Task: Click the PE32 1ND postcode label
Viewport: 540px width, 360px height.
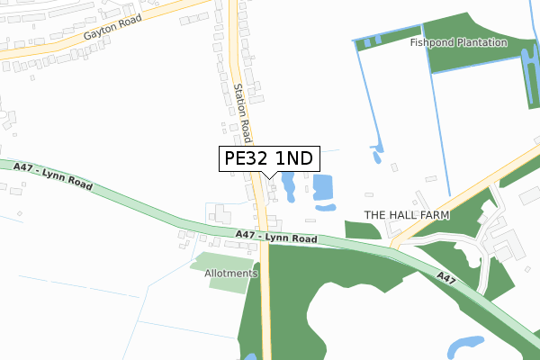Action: coord(268,158)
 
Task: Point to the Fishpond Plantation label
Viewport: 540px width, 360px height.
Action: coord(458,42)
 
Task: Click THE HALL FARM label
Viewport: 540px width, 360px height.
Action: coord(406,215)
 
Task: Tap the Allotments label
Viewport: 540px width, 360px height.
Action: coord(230,273)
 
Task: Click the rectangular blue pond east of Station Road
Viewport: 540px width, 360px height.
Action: coord(323,188)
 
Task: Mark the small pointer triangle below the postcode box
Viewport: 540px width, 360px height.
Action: coord(268,175)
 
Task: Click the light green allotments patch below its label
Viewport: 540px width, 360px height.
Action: coord(227,283)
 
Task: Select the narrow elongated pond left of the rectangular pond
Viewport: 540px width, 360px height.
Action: coord(288,186)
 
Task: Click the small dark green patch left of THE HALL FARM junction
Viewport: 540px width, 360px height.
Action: coord(362,229)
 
